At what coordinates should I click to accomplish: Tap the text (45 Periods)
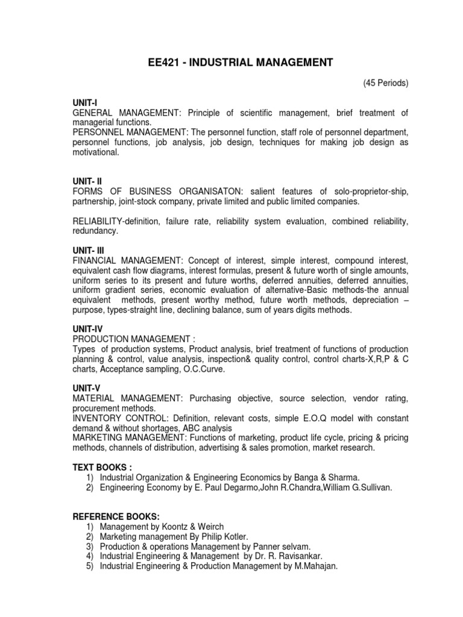tap(386, 83)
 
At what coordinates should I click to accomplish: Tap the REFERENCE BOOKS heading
tap(116, 516)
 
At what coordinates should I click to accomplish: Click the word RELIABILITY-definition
tap(115, 222)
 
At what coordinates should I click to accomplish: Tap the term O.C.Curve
tap(204, 369)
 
